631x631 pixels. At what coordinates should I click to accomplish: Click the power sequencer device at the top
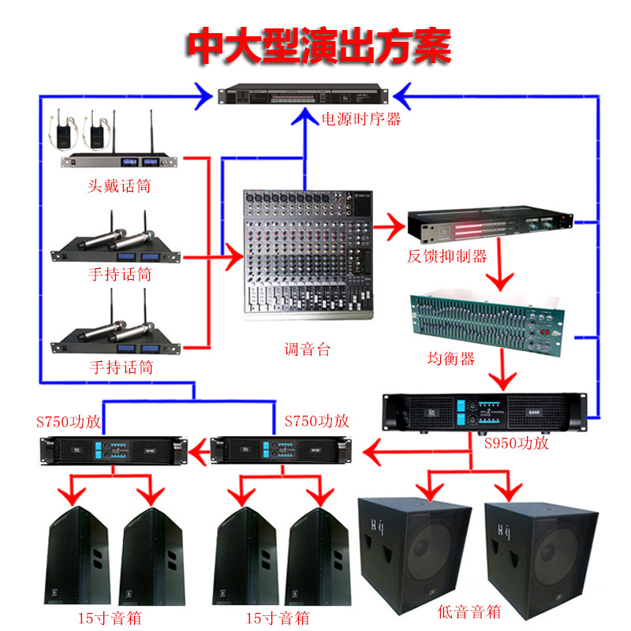click(304, 95)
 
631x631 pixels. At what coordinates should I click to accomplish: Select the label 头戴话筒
click(119, 187)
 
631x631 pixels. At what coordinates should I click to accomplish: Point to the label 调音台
click(307, 348)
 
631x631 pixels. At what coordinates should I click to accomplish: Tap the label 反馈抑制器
click(446, 256)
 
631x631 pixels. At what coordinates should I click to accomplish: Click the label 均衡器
click(450, 358)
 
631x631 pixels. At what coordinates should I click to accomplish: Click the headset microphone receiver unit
click(118, 162)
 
